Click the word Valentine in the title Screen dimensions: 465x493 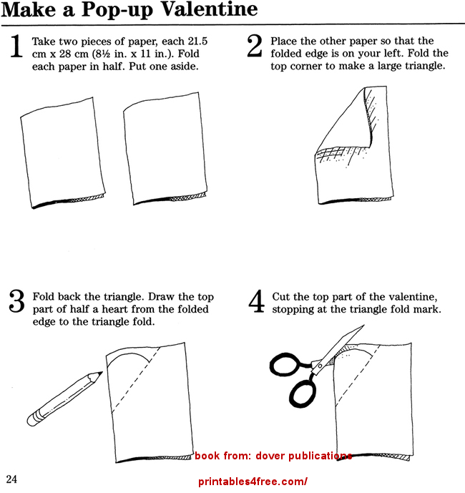(210, 9)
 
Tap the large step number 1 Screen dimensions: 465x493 (16, 47)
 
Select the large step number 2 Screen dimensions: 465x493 (255, 46)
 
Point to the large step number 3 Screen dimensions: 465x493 (16, 301)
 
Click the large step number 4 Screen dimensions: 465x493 (256, 301)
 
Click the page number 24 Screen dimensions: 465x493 (11, 479)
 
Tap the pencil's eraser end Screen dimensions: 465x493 (33, 419)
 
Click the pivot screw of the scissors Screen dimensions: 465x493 (320, 366)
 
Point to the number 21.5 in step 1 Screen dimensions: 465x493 (197, 42)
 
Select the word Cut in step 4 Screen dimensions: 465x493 (281, 296)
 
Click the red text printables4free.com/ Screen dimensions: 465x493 (253, 482)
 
